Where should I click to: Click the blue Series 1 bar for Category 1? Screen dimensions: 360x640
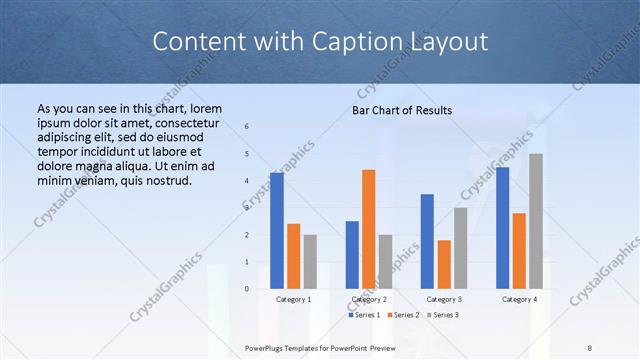pos(277,231)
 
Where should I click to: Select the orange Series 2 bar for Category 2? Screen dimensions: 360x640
pos(369,229)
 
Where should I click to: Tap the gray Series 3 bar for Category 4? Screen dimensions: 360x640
pos(536,221)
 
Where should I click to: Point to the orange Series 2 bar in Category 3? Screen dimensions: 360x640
pos(444,264)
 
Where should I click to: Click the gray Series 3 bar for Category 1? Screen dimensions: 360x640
pos(310,262)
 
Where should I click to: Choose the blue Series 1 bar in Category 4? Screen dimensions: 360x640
pos(502,228)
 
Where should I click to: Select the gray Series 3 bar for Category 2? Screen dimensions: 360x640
pos(386,262)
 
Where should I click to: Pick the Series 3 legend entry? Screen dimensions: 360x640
pos(441,315)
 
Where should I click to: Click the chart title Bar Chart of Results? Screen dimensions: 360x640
pos(402,110)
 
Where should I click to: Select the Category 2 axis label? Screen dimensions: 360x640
pos(369,299)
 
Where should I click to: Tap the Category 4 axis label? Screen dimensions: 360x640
pos(519,299)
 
